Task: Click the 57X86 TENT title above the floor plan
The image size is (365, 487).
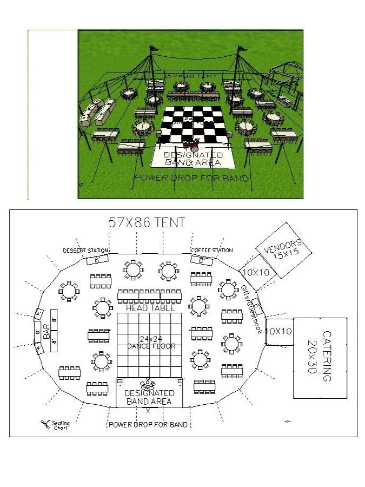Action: point(147,222)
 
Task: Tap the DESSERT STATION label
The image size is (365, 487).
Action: point(85,251)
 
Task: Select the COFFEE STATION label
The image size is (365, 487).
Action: point(212,250)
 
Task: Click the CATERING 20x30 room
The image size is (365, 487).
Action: point(320,357)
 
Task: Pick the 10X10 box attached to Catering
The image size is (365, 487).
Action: point(280,331)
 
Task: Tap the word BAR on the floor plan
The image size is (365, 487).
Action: point(47,331)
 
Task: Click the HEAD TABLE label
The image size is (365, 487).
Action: point(150,308)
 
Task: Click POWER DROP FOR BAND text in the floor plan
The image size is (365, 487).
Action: point(148,425)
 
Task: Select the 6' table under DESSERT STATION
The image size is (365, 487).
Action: point(97,260)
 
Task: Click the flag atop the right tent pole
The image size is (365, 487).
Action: point(242,49)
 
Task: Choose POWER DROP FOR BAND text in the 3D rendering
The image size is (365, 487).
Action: point(191,178)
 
